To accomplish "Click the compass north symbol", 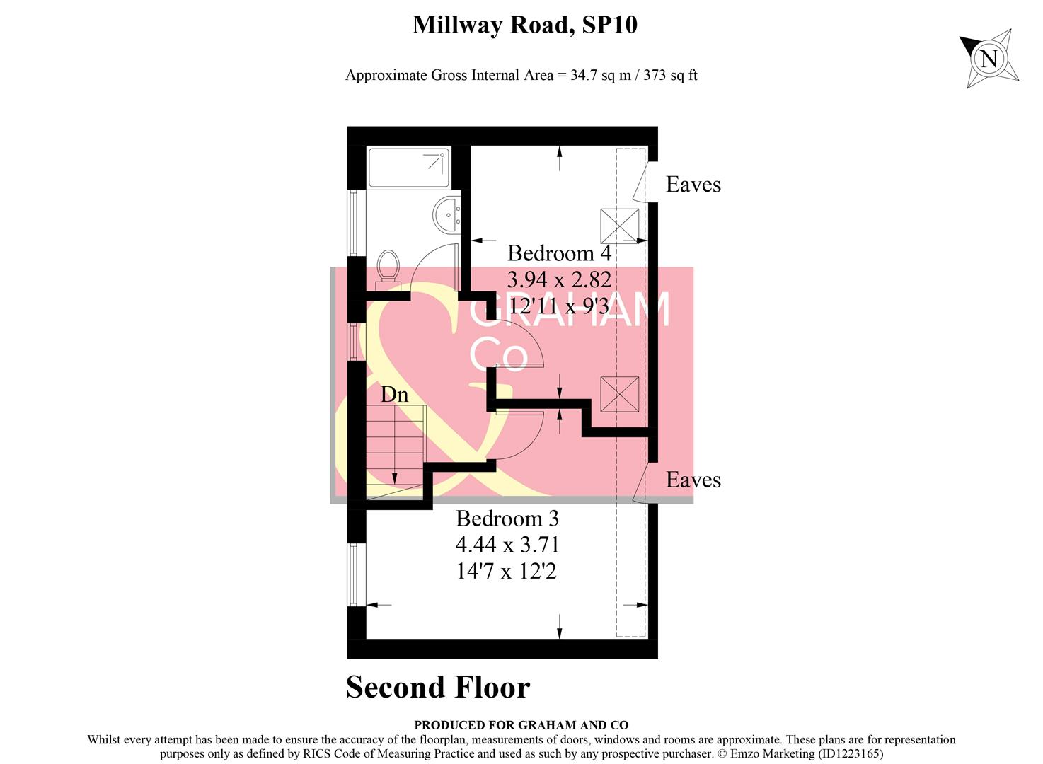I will point(989,58).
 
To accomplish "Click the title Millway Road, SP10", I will point(525,25).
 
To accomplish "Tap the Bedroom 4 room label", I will point(559,253).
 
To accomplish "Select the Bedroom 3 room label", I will point(507,519).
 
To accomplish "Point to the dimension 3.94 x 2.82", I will point(559,279).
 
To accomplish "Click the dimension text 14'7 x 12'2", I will point(507,571).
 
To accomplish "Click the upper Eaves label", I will point(693,185).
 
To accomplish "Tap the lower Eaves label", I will point(693,480).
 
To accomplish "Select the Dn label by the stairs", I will point(394,395).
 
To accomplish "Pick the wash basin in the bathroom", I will point(446,214).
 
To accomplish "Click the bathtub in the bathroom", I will point(409,168).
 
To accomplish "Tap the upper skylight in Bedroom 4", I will point(619,226).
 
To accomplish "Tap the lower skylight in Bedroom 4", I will point(619,394).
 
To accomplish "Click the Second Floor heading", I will point(438,687).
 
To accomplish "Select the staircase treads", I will point(396,446).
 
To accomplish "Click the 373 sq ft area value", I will point(670,75).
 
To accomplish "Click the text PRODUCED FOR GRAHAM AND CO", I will point(521,725).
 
